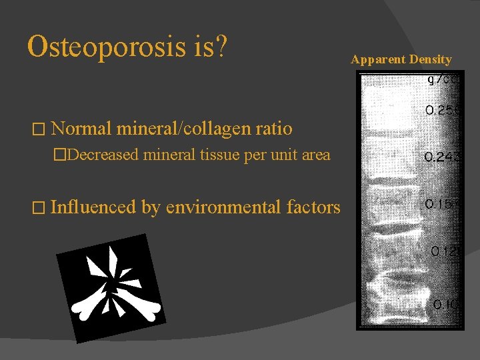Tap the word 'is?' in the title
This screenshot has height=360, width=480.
pyautogui.click(x=213, y=47)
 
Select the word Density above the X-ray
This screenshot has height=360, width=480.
pyautogui.click(x=431, y=60)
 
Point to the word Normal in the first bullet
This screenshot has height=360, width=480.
pyautogui.click(x=81, y=127)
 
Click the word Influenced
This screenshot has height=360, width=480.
pyautogui.click(x=94, y=207)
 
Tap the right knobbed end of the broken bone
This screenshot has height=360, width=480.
pyautogui.click(x=153, y=307)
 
